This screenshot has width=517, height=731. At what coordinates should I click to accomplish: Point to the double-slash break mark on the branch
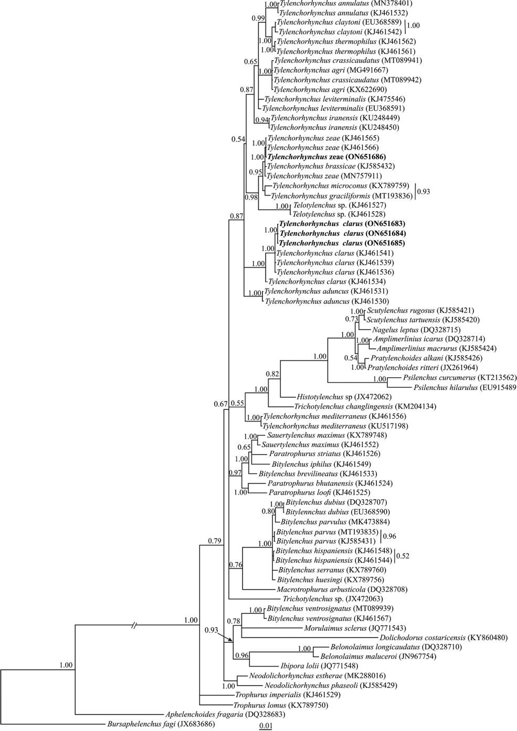point(134,625)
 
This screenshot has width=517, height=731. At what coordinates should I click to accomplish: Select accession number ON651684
point(385,234)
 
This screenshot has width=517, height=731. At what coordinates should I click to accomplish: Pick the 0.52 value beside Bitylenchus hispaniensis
point(403,556)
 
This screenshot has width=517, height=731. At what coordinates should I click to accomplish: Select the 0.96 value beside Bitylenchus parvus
point(389,537)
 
